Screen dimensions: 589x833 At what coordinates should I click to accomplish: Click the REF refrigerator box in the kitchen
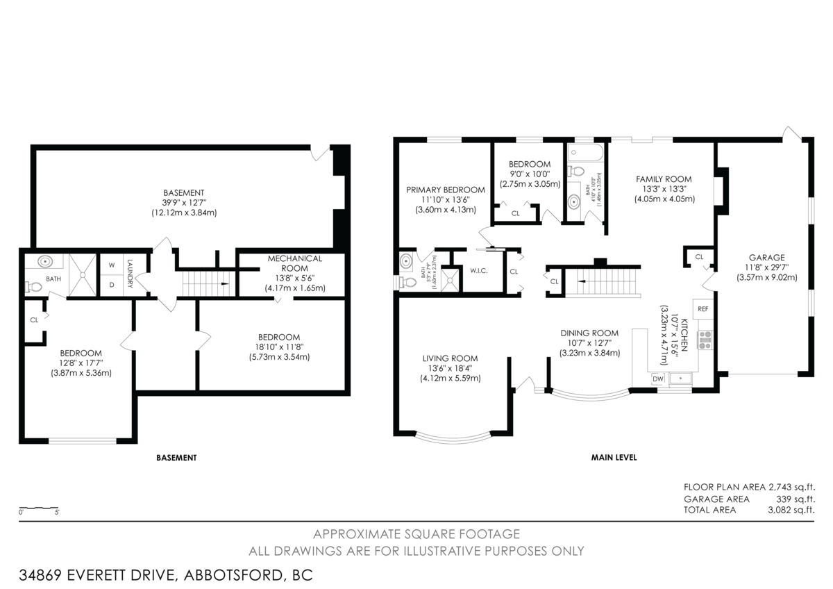click(x=702, y=309)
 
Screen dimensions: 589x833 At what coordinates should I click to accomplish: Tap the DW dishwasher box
click(x=658, y=379)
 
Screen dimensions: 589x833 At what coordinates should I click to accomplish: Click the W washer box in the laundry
click(x=111, y=265)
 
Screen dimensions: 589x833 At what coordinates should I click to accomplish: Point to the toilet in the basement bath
click(x=35, y=286)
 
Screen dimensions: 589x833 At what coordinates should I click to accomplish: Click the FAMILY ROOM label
click(x=664, y=179)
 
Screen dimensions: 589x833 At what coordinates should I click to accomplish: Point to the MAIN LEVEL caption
click(x=614, y=458)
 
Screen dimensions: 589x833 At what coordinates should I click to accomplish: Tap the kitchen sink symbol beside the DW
click(x=682, y=379)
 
